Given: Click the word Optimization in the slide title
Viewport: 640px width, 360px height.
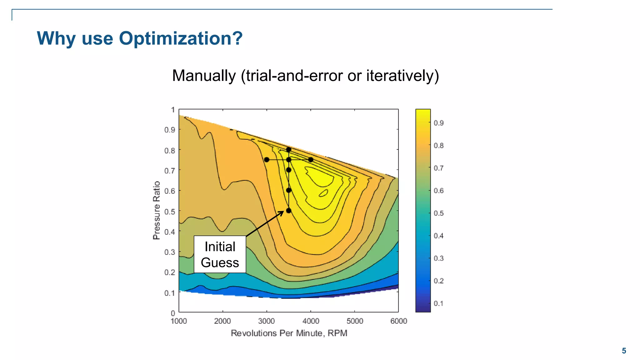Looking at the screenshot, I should pyautogui.click(x=181, y=38).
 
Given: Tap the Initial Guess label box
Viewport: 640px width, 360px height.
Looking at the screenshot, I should pyautogui.click(x=220, y=254).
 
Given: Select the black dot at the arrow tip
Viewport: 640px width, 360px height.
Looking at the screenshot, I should pyautogui.click(x=289, y=211).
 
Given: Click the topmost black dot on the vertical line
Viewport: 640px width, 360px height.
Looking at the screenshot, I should pyautogui.click(x=289, y=150).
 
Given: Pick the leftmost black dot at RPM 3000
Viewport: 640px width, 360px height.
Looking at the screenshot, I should pyautogui.click(x=267, y=160).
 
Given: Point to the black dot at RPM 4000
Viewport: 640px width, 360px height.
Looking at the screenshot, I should pyautogui.click(x=311, y=160).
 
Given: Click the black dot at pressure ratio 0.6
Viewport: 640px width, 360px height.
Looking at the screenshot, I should pyautogui.click(x=289, y=190).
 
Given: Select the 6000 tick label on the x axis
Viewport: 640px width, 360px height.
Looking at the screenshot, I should pyautogui.click(x=398, y=321).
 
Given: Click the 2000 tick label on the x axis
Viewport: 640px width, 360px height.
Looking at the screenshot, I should pyautogui.click(x=222, y=321).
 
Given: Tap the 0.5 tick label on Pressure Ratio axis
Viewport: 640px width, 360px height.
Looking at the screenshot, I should pyautogui.click(x=170, y=212).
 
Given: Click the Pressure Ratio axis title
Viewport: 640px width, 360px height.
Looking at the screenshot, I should pyautogui.click(x=157, y=210).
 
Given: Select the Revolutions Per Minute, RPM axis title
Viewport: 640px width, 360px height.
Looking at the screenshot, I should pyautogui.click(x=289, y=333).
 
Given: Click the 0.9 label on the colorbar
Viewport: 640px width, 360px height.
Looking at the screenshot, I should pyautogui.click(x=438, y=123).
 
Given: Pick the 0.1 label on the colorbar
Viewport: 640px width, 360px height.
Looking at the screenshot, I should pyautogui.click(x=438, y=303).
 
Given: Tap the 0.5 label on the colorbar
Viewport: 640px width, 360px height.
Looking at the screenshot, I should pyautogui.click(x=438, y=213).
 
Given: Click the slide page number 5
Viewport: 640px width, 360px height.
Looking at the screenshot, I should pyautogui.click(x=624, y=351).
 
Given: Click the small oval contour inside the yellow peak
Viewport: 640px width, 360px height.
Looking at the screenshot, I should pyautogui.click(x=323, y=193).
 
